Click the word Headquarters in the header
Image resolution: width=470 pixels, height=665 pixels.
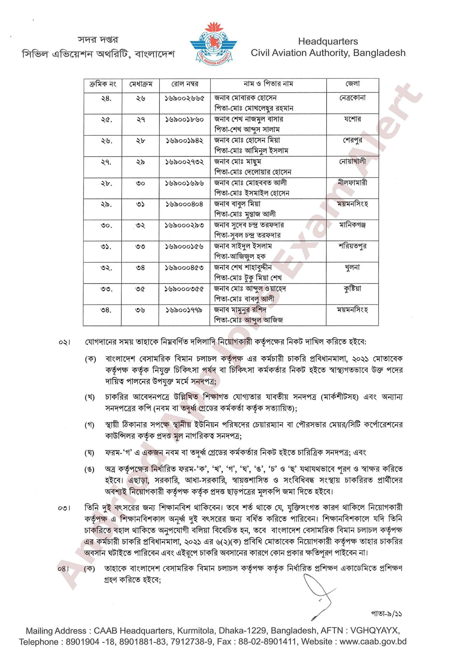(328, 41)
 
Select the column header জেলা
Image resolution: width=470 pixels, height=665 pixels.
(353, 84)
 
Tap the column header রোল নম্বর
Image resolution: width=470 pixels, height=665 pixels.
(185, 84)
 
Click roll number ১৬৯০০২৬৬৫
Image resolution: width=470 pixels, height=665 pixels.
(185, 98)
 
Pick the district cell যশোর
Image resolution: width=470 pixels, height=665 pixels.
(353, 119)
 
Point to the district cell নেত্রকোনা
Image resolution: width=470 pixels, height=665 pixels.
(353, 98)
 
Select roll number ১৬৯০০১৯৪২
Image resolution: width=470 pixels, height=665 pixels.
(185, 141)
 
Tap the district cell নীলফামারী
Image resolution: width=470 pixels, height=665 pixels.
(353, 183)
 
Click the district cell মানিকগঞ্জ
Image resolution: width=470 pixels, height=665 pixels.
(353, 225)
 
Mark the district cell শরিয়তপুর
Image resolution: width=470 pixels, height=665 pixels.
(353, 246)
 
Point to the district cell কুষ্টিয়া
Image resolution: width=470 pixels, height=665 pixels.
(353, 289)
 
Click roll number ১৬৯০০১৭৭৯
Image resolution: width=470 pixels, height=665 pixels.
(184, 310)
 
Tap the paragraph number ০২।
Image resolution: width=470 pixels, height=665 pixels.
(64, 342)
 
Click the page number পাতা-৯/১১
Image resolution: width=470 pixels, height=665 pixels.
(386, 613)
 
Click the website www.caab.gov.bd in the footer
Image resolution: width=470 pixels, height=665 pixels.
(373, 641)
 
